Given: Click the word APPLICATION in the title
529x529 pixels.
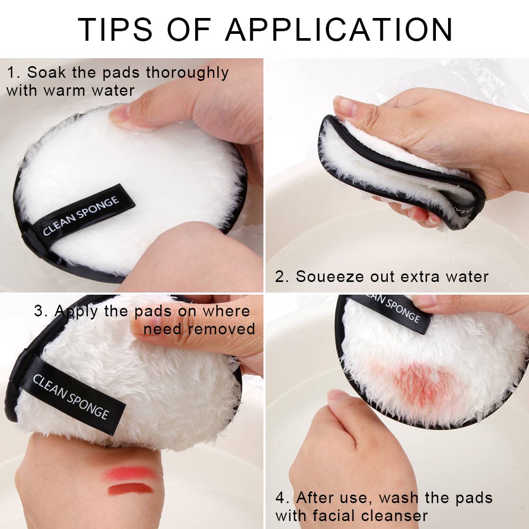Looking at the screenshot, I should pyautogui.click(x=339, y=30).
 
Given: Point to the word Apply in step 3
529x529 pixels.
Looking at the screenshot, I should pyautogui.click(x=76, y=311).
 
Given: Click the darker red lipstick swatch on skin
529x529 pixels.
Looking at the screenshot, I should pyautogui.click(x=130, y=489).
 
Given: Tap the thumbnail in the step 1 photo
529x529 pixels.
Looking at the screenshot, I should pyautogui.click(x=121, y=112).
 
